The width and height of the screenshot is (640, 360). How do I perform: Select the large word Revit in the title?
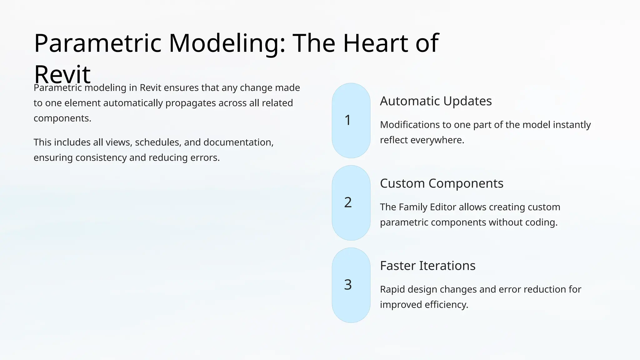[62, 74]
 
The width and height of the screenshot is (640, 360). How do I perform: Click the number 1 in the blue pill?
[348, 120]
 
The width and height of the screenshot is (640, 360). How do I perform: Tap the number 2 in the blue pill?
[348, 202]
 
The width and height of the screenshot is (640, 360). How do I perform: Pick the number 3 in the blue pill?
[348, 285]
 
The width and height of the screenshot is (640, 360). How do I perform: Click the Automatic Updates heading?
[436, 101]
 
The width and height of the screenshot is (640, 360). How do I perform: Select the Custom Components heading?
[441, 183]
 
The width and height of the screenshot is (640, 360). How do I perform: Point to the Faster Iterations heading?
[427, 266]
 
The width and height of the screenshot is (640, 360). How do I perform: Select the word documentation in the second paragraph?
[238, 142]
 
